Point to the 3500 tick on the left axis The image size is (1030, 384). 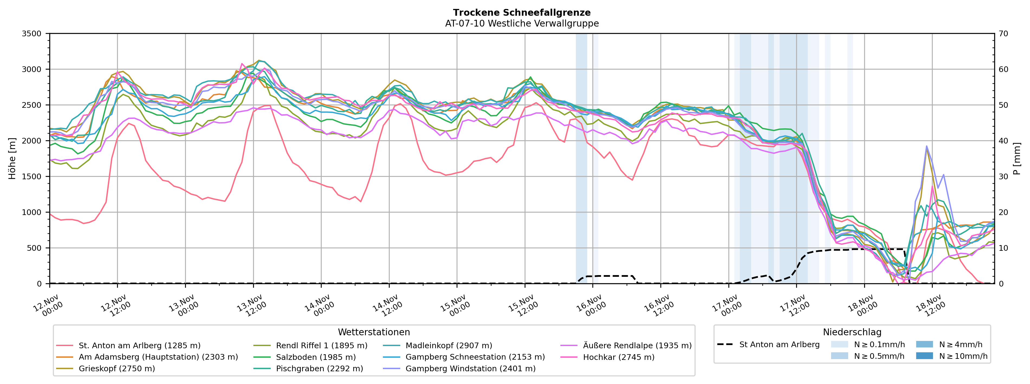32,34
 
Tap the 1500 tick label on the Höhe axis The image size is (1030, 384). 32,177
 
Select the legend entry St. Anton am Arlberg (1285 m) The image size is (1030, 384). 139,346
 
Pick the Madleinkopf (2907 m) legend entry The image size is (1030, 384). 449,346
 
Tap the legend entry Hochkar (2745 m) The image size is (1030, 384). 619,357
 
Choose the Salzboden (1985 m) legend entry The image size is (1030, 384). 315,357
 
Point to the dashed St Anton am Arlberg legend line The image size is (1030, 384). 725,345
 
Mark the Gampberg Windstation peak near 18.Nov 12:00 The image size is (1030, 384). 926,146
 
